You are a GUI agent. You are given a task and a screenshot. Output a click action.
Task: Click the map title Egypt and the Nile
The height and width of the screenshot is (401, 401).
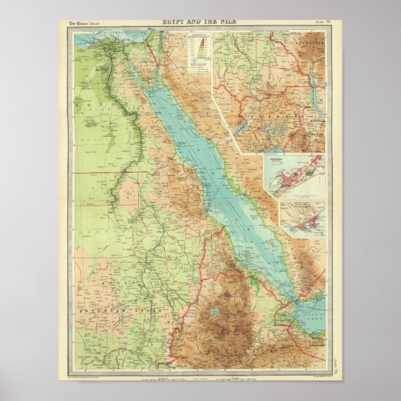point(199,22)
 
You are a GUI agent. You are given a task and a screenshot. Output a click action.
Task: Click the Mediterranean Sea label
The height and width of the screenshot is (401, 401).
point(93,31)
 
